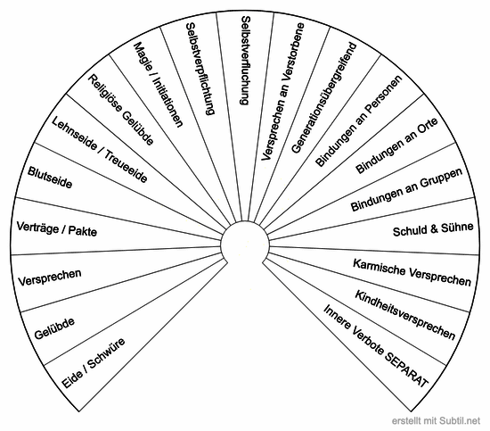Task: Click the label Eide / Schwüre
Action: click(94, 363)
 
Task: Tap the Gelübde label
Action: click(54, 328)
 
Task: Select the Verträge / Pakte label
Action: click(56, 228)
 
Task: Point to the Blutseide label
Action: click(50, 178)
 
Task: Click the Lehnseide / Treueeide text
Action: click(99, 149)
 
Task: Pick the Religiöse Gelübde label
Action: click(120, 110)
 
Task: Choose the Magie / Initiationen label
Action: click(158, 85)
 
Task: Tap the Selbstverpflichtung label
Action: click(200, 69)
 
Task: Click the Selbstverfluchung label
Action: click(245, 61)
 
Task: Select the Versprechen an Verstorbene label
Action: click(282, 92)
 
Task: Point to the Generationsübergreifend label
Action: click(323, 97)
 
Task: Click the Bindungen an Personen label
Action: click(358, 120)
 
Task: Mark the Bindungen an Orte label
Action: click(396, 145)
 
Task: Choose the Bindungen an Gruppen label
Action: click(406, 189)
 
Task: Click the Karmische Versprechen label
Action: click(412, 272)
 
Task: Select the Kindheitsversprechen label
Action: click(405, 315)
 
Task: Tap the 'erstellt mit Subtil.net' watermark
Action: click(436, 420)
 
